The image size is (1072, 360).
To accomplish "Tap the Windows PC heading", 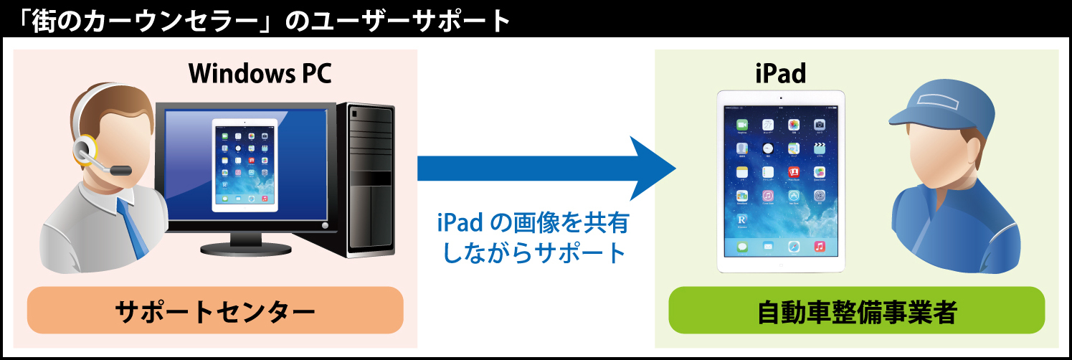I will point(260,72).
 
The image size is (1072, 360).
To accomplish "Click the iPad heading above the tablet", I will point(780,72).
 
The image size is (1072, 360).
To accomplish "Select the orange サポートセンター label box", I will point(215,311).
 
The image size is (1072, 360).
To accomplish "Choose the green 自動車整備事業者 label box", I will point(856,311).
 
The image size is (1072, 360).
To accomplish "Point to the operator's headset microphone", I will point(120,171).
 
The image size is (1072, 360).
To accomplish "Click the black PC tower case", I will point(371,179).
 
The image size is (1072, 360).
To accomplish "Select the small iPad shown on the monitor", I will point(245,166).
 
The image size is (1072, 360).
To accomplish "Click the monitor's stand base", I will point(247,246).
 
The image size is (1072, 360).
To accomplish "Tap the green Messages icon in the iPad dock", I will point(742,246).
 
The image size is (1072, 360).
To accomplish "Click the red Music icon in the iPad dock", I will point(818,246).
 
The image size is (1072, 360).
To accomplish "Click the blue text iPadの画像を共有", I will point(532,224).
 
